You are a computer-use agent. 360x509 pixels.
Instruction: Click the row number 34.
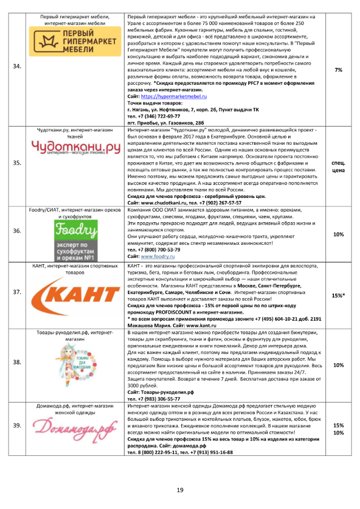pyautogui.click(x=17, y=67)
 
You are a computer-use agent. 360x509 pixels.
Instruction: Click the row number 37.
pyautogui.click(x=17, y=293)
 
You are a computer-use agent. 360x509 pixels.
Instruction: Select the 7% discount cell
pyautogui.click(x=338, y=70)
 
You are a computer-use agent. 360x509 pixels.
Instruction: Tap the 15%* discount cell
pyautogui.click(x=338, y=295)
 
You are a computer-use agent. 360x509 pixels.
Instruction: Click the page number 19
pyautogui.click(x=180, y=490)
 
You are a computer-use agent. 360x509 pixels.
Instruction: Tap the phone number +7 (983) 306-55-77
pyautogui.click(x=156, y=398)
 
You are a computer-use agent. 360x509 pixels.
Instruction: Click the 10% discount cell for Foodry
pyautogui.click(x=338, y=234)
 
